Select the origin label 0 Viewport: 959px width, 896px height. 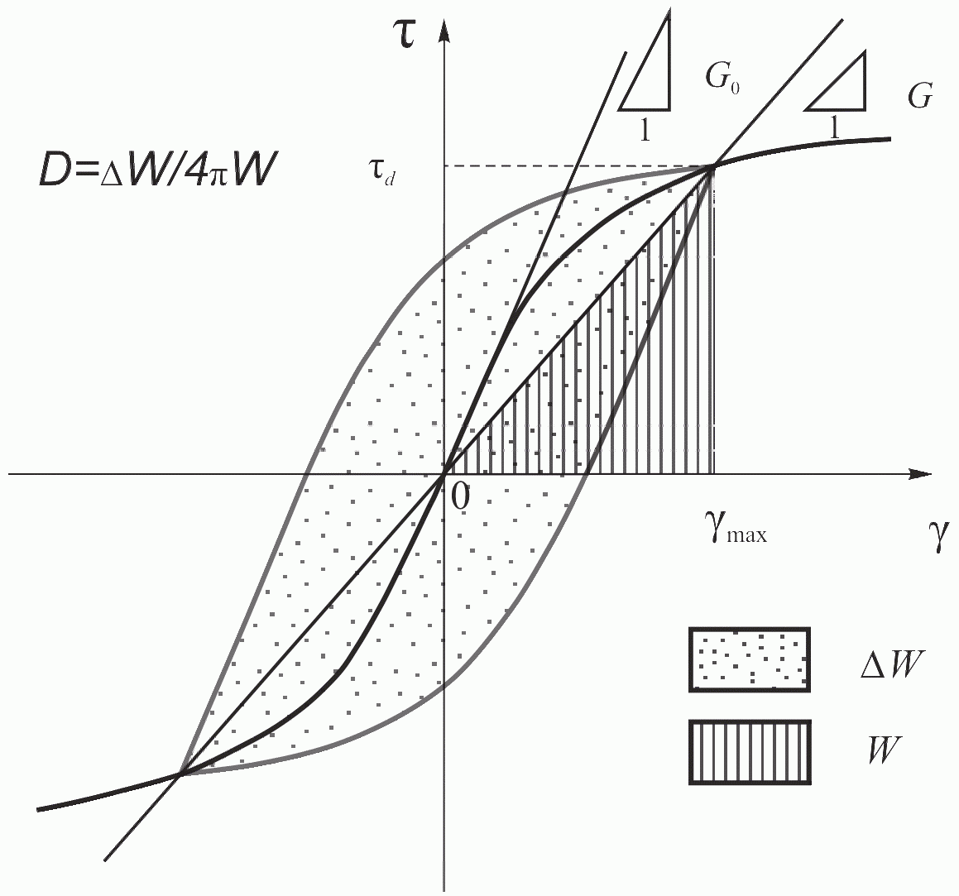click(x=460, y=496)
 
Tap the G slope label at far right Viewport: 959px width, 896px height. click(x=919, y=98)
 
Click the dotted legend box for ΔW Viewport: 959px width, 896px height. click(x=749, y=659)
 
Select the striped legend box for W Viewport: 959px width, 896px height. click(x=749, y=752)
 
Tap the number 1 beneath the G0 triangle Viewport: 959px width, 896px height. click(x=644, y=131)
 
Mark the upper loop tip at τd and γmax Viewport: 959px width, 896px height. click(x=712, y=167)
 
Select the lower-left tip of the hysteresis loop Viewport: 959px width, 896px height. click(x=179, y=774)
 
